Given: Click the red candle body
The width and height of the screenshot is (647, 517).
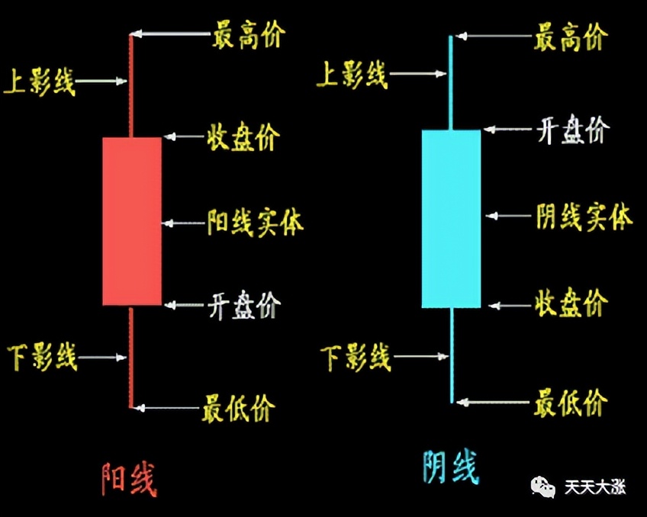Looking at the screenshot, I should click(132, 221).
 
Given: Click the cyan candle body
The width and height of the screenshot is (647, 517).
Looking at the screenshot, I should click(451, 219).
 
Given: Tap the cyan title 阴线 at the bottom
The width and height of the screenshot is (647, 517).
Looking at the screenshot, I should click(451, 467).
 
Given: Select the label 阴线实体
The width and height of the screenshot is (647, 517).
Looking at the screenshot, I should click(584, 218).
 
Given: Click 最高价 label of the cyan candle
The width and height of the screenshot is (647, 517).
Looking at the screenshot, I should click(571, 36).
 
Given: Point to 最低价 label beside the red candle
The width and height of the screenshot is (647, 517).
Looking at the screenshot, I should click(238, 409).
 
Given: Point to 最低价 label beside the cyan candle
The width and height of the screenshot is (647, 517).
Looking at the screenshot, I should click(571, 402).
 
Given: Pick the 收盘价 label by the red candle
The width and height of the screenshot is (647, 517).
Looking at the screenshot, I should click(243, 138).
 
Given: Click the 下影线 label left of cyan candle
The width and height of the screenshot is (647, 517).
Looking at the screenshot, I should click(355, 357).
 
